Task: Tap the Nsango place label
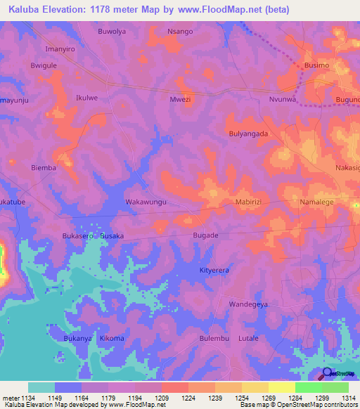179,32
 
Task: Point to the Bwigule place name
43,65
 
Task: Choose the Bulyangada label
249,133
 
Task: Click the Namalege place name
318,202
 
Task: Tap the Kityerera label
214,270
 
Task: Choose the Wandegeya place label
249,304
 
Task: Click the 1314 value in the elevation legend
348,398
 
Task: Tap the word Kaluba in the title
27,10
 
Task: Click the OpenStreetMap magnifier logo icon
327,374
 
